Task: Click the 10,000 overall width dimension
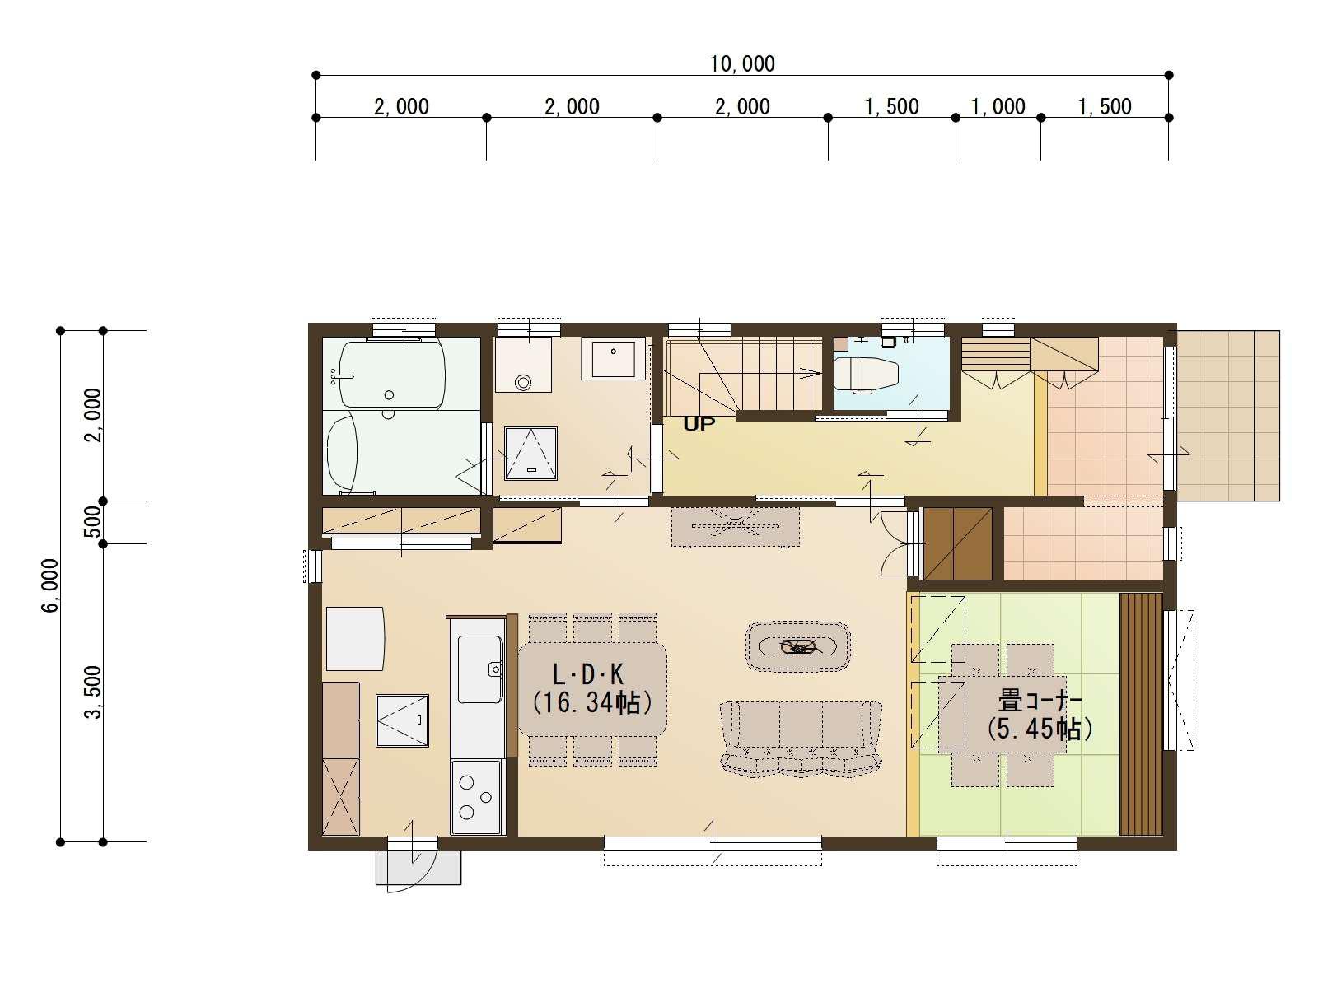742,63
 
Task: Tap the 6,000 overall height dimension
51,585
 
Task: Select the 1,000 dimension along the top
998,107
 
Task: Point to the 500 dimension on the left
93,521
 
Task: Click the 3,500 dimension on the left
93,692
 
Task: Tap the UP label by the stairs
699,424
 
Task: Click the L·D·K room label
588,675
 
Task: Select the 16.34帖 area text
592,702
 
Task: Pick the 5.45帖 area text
1038,729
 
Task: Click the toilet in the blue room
866,375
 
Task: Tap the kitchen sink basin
480,669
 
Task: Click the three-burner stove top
475,797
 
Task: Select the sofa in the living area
801,739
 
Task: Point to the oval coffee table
798,646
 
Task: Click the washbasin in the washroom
613,358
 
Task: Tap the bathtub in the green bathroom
392,373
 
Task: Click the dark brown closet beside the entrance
958,544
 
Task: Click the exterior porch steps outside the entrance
1228,416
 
